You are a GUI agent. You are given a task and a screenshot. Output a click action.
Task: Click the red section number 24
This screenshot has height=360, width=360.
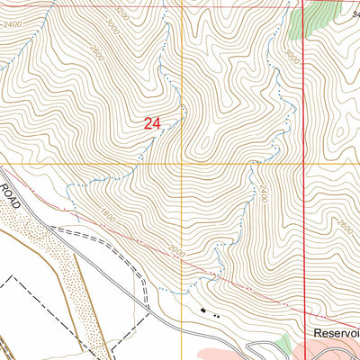(151, 125)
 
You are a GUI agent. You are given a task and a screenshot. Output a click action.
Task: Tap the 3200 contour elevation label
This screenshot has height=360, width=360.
(122, 17)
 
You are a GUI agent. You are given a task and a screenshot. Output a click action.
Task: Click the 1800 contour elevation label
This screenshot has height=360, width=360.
(111, 216)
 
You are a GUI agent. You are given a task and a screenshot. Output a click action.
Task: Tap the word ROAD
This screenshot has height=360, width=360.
(11, 191)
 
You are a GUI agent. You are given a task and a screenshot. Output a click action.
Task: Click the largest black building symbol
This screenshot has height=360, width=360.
(203, 311)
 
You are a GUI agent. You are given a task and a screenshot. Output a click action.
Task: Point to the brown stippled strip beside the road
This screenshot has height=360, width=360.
(54, 261)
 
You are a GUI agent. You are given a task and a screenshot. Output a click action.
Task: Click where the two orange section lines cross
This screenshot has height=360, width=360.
(182, 165)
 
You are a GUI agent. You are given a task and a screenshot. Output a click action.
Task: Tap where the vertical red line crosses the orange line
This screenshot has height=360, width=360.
(304, 165)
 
